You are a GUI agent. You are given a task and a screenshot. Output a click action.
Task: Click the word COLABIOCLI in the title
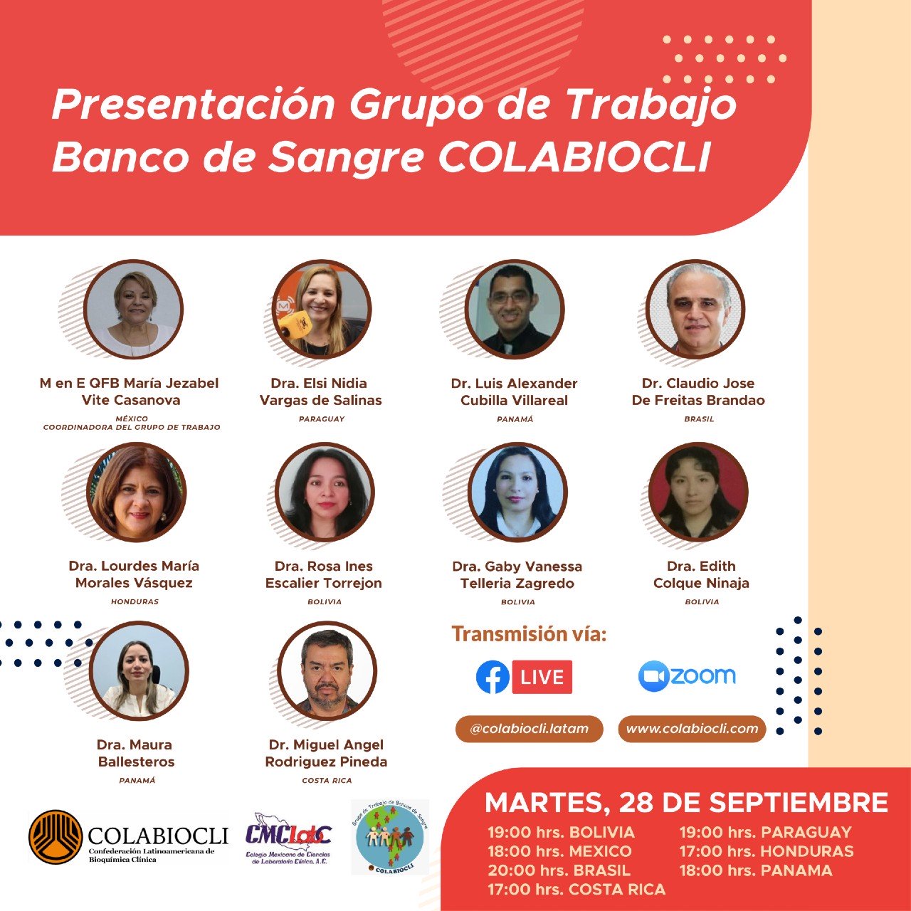(x=575, y=158)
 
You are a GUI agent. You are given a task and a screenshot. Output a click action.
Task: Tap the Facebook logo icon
(x=493, y=677)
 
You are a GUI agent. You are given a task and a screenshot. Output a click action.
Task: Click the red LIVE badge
(x=542, y=677)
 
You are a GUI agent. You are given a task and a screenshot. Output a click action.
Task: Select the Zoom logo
(x=687, y=676)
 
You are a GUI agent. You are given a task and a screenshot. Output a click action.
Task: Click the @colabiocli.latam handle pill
(x=529, y=729)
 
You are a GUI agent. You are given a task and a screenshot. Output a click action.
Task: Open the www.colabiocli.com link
(x=692, y=729)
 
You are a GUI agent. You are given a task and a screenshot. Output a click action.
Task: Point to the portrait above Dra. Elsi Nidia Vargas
(x=322, y=309)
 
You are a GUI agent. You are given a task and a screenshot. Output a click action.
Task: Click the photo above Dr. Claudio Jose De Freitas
(x=696, y=309)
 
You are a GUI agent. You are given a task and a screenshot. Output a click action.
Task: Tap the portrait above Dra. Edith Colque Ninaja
(x=698, y=493)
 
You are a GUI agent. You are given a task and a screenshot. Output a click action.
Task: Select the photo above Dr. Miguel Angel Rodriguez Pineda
(x=327, y=671)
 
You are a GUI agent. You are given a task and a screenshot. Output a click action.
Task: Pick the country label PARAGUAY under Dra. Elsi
(x=322, y=419)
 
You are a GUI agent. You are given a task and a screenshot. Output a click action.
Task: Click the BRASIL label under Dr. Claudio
(x=699, y=419)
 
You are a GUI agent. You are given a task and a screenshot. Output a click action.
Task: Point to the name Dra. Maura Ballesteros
(x=135, y=753)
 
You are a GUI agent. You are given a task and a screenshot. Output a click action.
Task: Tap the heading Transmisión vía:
(x=529, y=633)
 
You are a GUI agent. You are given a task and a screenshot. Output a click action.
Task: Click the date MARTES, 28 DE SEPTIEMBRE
(x=686, y=802)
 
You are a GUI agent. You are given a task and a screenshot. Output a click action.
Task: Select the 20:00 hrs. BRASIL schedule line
(x=559, y=870)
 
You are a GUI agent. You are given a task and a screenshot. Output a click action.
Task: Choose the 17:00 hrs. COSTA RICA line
(x=576, y=890)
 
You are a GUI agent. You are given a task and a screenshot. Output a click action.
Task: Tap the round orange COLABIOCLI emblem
(x=56, y=837)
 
